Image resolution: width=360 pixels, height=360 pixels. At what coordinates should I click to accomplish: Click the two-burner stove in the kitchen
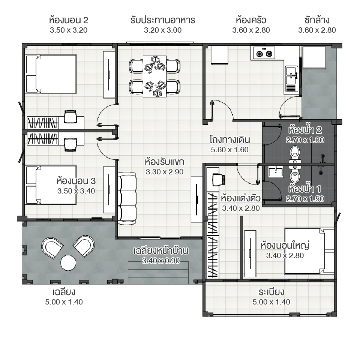(264, 53)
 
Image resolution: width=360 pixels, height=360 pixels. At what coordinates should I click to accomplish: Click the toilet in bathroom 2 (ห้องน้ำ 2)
(295, 153)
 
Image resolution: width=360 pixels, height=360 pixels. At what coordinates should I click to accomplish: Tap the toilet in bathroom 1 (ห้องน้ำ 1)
(295, 175)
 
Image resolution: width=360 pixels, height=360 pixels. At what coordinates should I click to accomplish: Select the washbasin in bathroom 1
(275, 172)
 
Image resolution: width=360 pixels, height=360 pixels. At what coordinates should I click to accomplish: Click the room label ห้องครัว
(251, 19)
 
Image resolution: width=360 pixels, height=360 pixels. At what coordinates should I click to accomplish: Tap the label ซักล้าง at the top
(317, 19)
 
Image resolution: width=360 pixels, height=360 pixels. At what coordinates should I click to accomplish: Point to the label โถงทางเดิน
(229, 140)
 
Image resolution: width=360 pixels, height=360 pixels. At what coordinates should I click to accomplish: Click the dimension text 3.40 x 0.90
(161, 261)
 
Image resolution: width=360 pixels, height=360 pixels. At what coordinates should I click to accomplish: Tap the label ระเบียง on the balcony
(271, 292)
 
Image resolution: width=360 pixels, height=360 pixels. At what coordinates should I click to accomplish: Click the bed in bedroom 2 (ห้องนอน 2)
(51, 73)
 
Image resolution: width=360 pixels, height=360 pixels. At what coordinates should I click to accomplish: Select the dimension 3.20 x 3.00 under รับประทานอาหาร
(162, 30)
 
